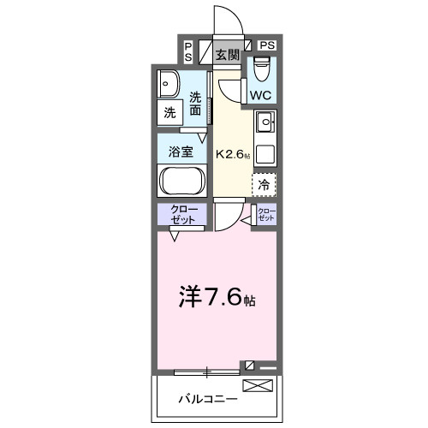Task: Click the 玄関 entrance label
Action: pos(227,56)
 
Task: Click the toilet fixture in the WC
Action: pos(261,67)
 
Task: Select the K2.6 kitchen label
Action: pos(233,155)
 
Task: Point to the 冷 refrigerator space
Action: pos(265,183)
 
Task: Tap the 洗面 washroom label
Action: pos(196,104)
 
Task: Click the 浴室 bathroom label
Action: pos(180,152)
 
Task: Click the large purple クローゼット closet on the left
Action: pos(181,215)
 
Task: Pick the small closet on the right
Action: pos(266,214)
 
